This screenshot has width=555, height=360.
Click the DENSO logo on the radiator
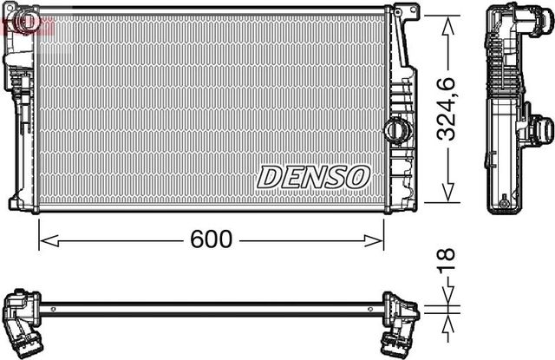(313, 176)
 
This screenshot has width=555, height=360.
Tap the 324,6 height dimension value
(447, 108)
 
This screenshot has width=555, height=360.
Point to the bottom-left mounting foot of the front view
(16, 204)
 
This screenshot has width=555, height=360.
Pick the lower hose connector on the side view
(541, 130)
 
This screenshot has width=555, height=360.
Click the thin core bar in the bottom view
(212, 307)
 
